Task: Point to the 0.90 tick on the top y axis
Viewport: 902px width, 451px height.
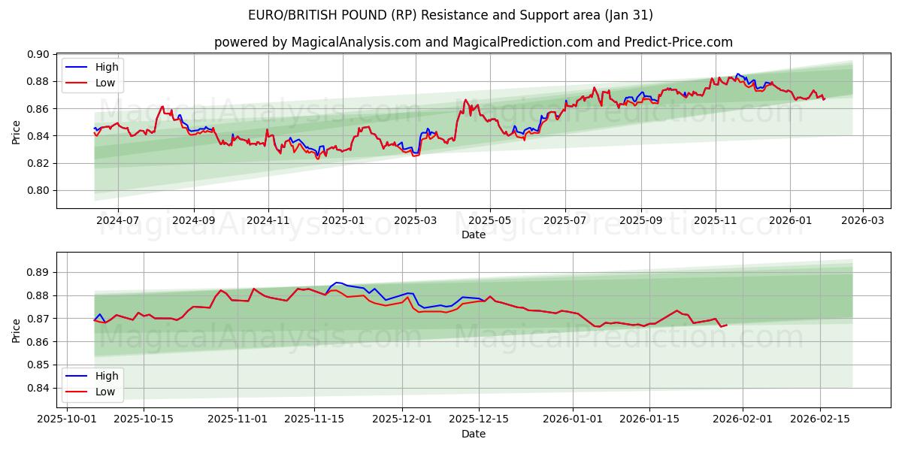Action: coord(38,54)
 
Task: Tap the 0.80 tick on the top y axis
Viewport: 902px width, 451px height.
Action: coord(38,190)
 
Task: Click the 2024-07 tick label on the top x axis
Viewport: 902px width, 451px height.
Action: coord(118,221)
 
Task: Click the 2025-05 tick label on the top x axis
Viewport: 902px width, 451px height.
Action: coord(490,221)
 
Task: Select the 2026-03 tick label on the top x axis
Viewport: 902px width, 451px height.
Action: coord(862,221)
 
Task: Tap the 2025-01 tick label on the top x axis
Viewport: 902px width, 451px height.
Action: coord(343,221)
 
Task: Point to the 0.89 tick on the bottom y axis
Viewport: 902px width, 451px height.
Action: coord(38,272)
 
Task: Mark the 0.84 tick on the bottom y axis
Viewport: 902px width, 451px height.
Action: coord(38,388)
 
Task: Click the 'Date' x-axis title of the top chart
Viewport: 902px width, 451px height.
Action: coord(473,235)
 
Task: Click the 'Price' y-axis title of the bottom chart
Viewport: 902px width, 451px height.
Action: coord(17,330)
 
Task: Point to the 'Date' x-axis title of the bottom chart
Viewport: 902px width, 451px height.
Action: coord(473,434)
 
